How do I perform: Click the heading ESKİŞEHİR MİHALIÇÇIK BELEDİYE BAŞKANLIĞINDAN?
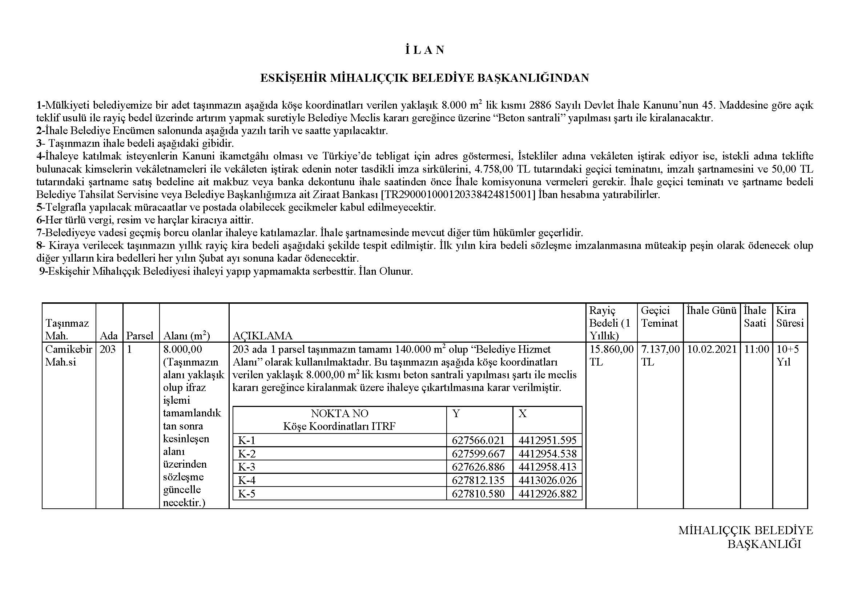pyautogui.click(x=424, y=78)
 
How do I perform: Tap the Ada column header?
pyautogui.click(x=109, y=336)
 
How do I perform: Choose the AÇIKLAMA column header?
pyautogui.click(x=262, y=336)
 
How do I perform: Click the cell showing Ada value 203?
pyautogui.click(x=108, y=349)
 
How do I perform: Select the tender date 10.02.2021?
pyautogui.click(x=712, y=349)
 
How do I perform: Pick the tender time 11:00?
pyautogui.click(x=756, y=349)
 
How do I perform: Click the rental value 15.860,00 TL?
pyautogui.click(x=611, y=355)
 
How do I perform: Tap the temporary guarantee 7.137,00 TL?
pyautogui.click(x=660, y=355)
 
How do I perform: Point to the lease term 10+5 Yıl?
pyautogui.click(x=787, y=355)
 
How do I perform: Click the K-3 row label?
pyautogui.click(x=247, y=467)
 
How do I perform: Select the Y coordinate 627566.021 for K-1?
pyautogui.click(x=478, y=440)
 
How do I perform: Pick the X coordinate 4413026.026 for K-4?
pyautogui.click(x=548, y=480)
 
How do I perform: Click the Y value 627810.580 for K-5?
pyautogui.click(x=478, y=494)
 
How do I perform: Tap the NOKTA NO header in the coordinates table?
pyautogui.click(x=339, y=414)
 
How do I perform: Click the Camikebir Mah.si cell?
pyautogui.click(x=68, y=355)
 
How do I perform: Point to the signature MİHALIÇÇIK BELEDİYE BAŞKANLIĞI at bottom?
pyautogui.click(x=746, y=537)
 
